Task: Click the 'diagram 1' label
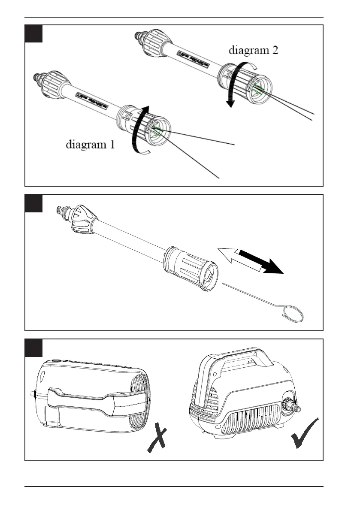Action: click(x=90, y=145)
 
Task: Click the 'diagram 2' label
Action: click(x=254, y=51)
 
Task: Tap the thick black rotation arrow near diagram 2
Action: click(x=232, y=84)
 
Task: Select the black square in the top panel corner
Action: click(x=33, y=33)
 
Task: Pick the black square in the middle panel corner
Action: click(x=33, y=203)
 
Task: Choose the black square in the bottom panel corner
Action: click(x=33, y=348)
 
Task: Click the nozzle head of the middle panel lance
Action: click(x=193, y=274)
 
